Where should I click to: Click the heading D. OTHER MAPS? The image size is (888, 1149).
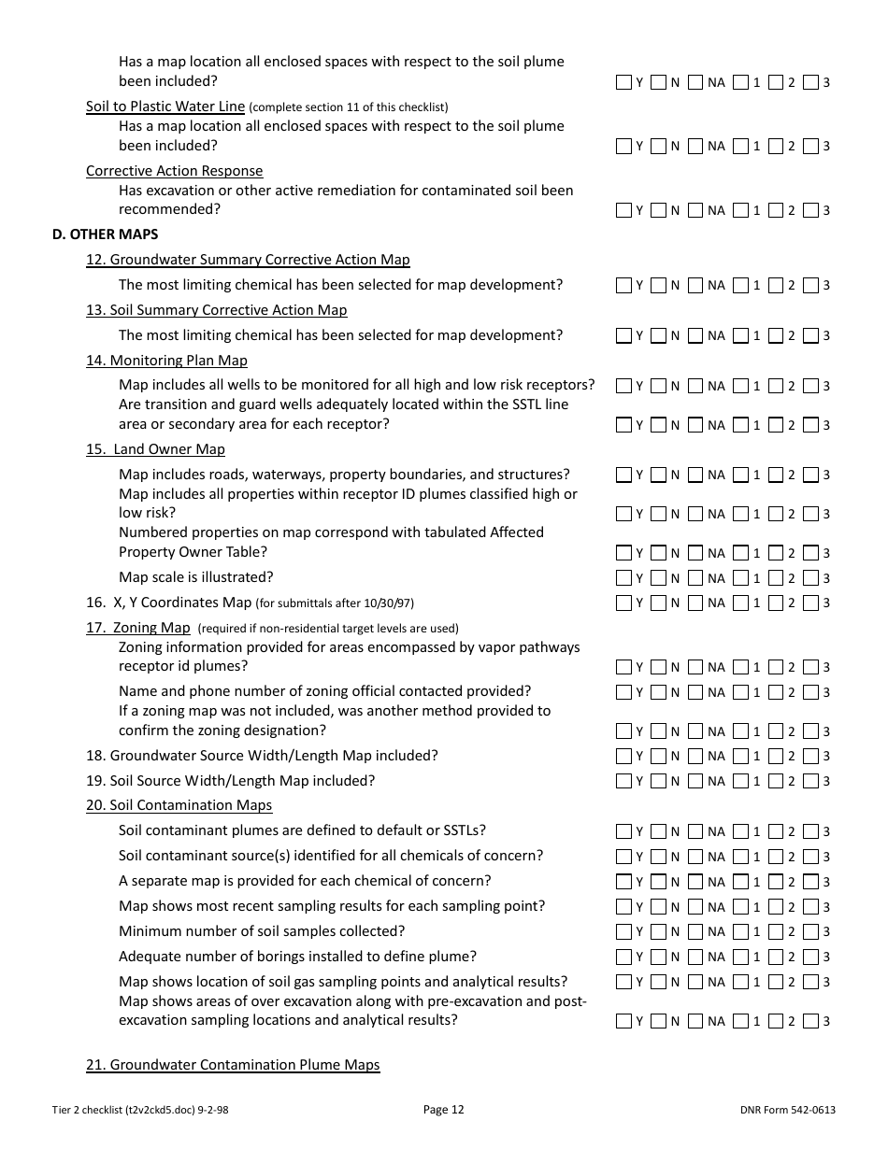[105, 234]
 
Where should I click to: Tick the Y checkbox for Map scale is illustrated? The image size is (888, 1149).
[623, 577]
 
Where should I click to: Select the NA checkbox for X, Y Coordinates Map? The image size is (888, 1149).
[695, 603]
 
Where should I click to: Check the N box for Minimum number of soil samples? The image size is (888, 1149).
[658, 931]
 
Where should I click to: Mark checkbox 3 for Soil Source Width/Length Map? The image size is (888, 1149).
[810, 781]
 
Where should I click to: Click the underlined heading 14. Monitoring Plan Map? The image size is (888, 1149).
[166, 361]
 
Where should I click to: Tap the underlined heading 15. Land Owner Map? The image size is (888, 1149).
[155, 449]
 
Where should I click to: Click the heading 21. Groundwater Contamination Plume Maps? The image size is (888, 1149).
[233, 1065]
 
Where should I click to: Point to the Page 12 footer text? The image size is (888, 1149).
[443, 1110]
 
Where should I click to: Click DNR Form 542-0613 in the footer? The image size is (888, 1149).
[786, 1110]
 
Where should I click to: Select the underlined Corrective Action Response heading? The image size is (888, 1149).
[174, 171]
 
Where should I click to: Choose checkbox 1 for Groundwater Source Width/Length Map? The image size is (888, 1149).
[740, 756]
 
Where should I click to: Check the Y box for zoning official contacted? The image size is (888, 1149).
[623, 692]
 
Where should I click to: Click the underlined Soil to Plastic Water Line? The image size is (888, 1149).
[165, 106]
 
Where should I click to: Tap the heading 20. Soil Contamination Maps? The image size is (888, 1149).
[179, 805]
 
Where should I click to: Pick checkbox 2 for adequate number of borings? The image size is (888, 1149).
[775, 957]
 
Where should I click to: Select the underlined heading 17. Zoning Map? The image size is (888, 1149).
[137, 628]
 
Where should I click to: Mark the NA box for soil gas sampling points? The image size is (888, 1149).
[695, 982]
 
